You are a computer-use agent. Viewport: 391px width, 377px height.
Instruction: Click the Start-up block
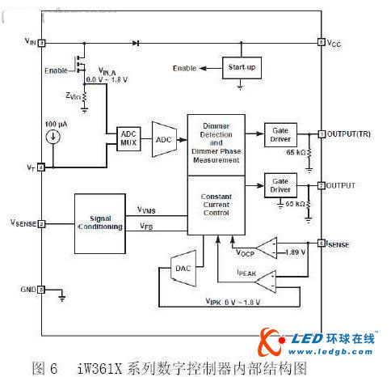(x=243, y=67)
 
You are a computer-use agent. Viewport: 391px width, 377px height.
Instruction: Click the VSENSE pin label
(x=23, y=222)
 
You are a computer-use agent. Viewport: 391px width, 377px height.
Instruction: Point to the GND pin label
(x=27, y=289)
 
